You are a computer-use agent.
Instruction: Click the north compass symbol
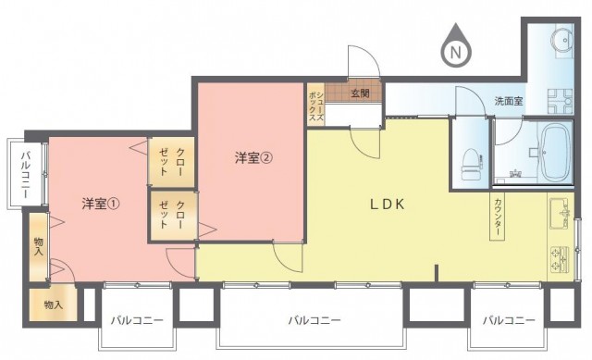click(456, 45)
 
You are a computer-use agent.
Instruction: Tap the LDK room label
click(387, 205)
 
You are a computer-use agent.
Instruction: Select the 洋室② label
click(253, 157)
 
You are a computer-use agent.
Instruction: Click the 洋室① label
click(101, 204)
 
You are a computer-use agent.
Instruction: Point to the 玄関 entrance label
click(360, 93)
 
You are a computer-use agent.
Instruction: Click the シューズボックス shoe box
click(316, 105)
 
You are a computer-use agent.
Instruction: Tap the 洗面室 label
click(509, 101)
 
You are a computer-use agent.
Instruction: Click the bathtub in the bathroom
click(555, 153)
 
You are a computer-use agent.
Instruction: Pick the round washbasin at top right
click(562, 39)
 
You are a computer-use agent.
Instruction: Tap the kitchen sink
click(559, 214)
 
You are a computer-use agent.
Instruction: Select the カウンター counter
click(497, 217)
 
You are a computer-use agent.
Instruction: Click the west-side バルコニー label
click(26, 175)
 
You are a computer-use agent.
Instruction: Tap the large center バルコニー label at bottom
click(314, 321)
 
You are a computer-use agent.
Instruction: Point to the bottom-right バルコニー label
click(509, 321)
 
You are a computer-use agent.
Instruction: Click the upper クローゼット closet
click(172, 162)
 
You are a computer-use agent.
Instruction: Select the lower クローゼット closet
click(173, 216)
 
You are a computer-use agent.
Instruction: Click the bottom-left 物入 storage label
click(54, 304)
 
